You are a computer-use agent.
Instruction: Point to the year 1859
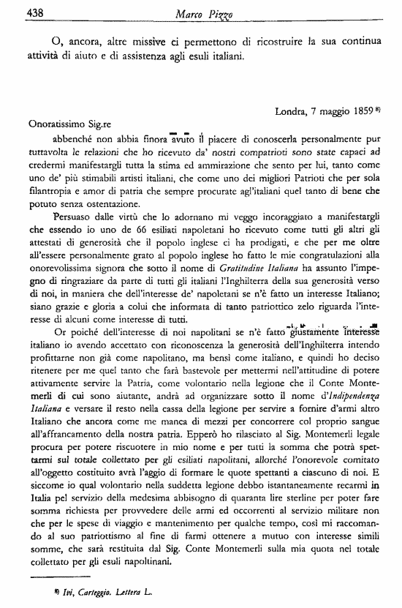click(365, 113)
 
